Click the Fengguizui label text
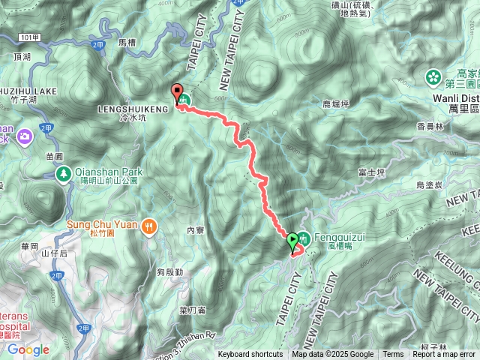331,234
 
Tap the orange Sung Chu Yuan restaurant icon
150,224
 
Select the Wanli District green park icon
433,77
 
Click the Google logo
28,349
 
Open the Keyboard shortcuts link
250,355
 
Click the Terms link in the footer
393,355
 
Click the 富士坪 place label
371,172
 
